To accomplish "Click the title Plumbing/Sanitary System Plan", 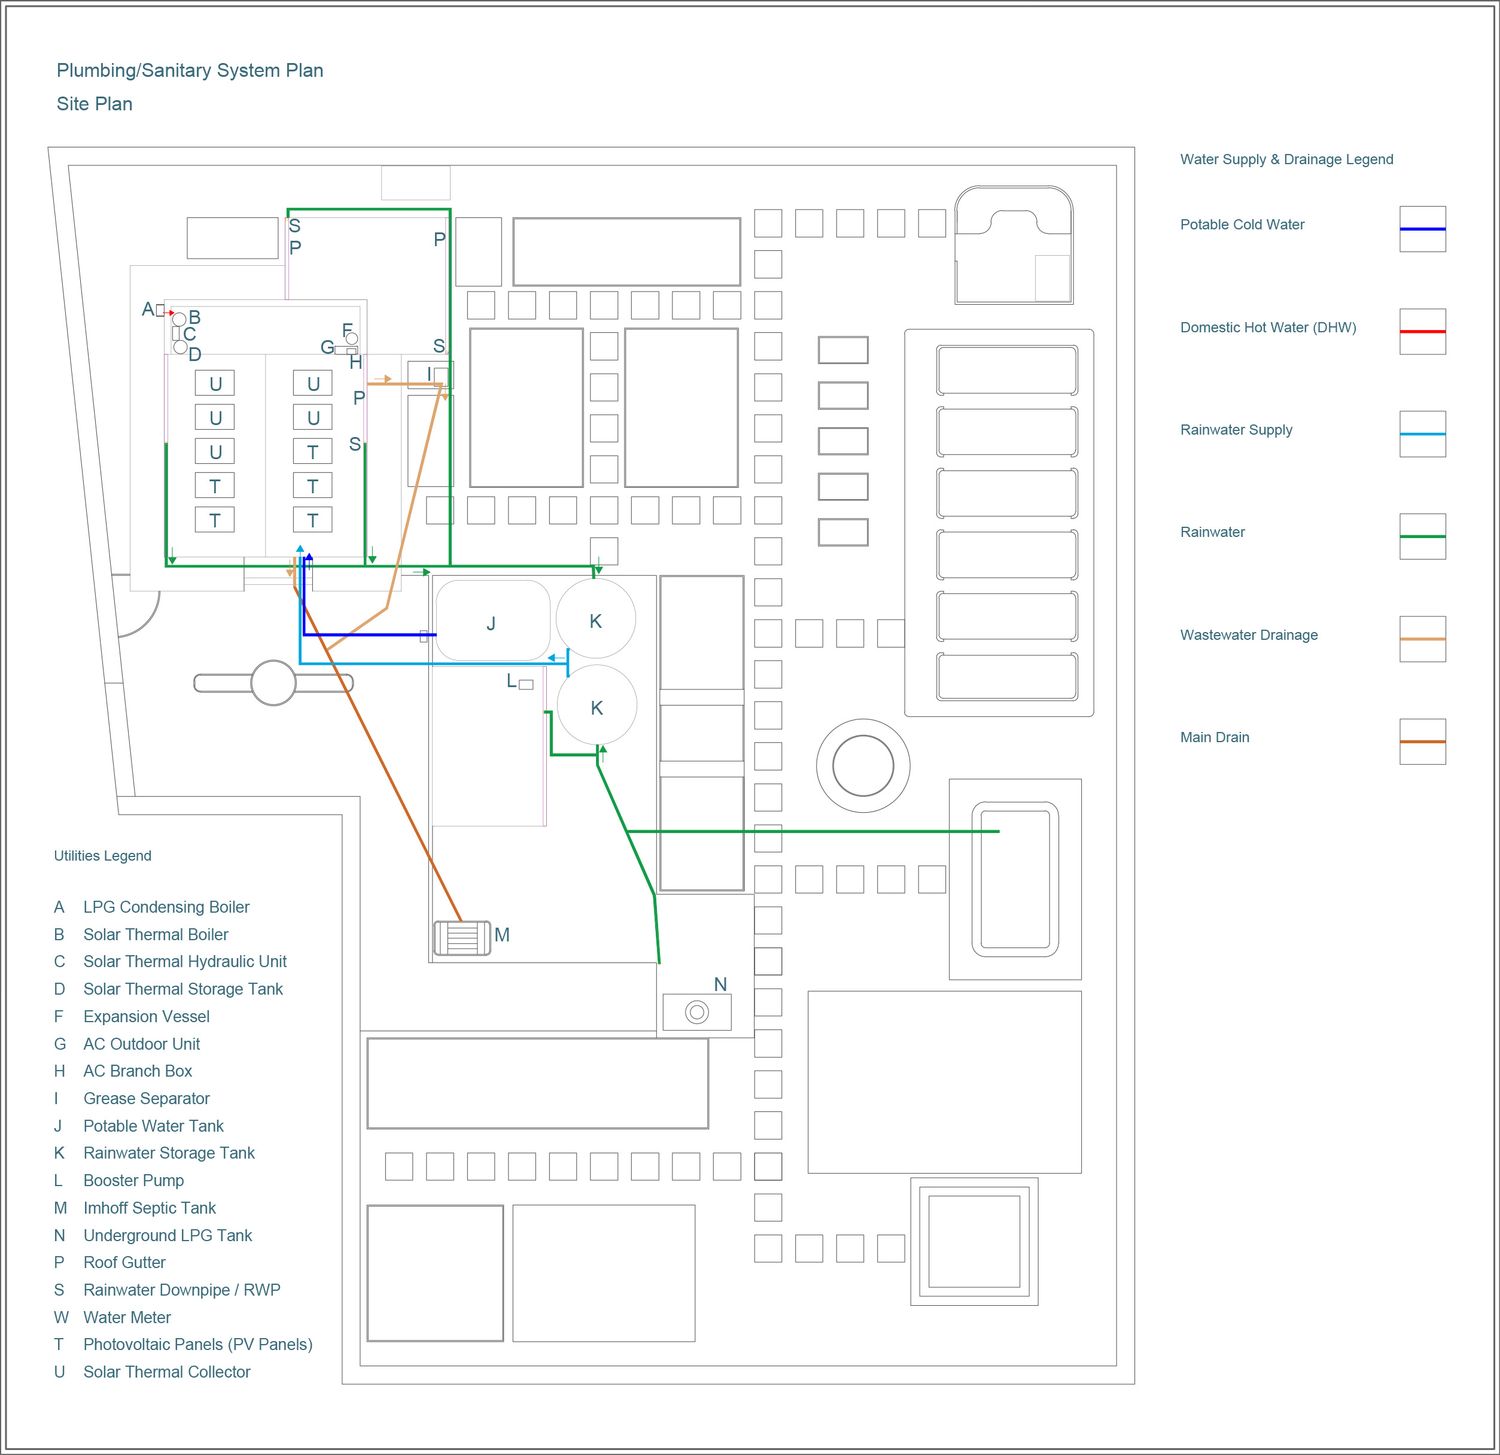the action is pyautogui.click(x=190, y=70).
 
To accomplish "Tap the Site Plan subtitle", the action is pyautogui.click(x=94, y=104).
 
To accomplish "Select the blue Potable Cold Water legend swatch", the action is pyautogui.click(x=1422, y=229).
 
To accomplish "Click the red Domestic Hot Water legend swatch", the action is pyautogui.click(x=1422, y=331).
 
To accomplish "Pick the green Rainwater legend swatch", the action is pyautogui.click(x=1422, y=536).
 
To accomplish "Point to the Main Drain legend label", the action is pyautogui.click(x=1214, y=737).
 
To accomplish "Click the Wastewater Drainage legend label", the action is pyautogui.click(x=1248, y=635).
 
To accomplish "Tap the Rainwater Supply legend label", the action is pyautogui.click(x=1236, y=430).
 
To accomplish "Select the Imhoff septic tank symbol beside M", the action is pyautogui.click(x=462, y=937).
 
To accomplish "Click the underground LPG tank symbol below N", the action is pyautogui.click(x=697, y=1012).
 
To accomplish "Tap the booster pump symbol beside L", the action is pyautogui.click(x=526, y=684).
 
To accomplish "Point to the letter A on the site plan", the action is pyautogui.click(x=148, y=310).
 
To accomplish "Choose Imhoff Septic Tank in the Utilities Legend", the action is pyautogui.click(x=149, y=1208).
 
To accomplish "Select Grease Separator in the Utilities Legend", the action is pyautogui.click(x=146, y=1098).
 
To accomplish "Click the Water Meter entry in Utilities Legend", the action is pyautogui.click(x=127, y=1317).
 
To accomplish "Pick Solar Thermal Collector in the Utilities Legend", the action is pyautogui.click(x=167, y=1372).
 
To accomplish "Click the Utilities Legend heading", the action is pyautogui.click(x=103, y=856).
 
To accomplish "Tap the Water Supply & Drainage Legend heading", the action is pyautogui.click(x=1286, y=159).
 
